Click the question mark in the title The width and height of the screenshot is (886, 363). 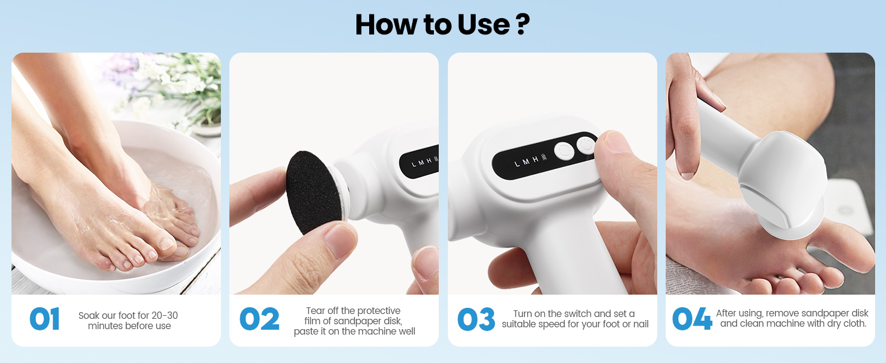523,25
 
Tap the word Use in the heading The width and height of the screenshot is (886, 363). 484,25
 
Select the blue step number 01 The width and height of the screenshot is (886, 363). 45,319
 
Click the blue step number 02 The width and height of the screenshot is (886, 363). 260,319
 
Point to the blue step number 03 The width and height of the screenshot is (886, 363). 476,319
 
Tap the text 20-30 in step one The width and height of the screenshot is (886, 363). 165,315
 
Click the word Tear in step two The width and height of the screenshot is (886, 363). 315,310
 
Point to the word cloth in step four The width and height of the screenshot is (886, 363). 853,324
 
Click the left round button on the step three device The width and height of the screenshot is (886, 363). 564,151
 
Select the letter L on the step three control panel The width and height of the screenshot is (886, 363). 517,164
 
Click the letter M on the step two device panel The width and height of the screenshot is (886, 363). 421,163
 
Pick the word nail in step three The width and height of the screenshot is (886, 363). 641,324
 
